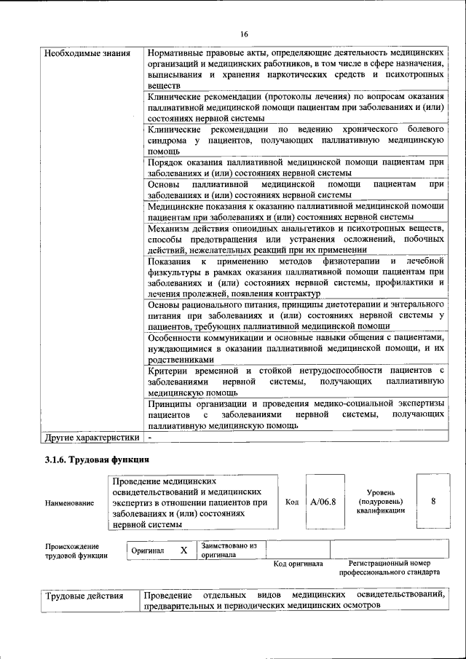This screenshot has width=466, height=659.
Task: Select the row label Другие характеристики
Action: (91, 438)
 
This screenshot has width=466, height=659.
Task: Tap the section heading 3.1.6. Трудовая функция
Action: (98, 460)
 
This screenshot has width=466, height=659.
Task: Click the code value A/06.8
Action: (322, 502)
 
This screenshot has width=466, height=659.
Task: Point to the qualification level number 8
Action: (433, 502)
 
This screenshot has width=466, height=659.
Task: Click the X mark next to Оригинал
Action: (183, 551)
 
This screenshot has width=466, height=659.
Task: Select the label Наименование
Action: (69, 502)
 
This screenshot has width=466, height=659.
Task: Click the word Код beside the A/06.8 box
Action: (292, 502)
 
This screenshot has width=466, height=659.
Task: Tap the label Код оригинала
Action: (298, 564)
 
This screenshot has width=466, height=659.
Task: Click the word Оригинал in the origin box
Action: (148, 551)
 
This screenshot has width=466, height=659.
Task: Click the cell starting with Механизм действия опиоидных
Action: (296, 239)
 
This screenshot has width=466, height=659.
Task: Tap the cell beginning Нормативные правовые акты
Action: (296, 69)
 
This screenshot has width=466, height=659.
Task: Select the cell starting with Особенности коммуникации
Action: (296, 349)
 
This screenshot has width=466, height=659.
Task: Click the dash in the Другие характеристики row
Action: (149, 438)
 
